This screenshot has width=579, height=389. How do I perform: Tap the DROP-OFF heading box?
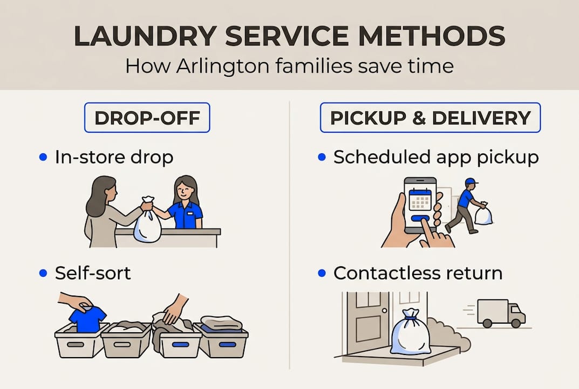147,118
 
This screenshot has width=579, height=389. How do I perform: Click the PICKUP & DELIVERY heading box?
430,118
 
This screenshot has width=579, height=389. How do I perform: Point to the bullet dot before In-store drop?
44,157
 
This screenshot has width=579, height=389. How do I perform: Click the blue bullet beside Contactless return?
322,273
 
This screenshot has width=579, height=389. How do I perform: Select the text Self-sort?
93,273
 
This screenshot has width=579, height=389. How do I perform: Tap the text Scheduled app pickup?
436,157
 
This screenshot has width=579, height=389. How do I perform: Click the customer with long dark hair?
107,211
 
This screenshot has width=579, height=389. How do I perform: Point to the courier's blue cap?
470,182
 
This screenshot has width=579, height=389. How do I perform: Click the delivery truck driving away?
500,313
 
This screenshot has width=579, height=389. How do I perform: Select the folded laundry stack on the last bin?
221,323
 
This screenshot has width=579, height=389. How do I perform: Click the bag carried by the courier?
483,214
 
